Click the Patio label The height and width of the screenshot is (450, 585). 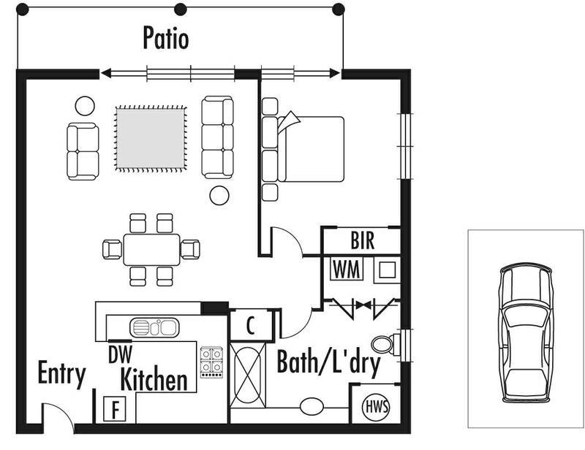point(165,39)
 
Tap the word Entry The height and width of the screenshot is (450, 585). point(61,374)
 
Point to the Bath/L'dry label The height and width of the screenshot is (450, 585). point(328,363)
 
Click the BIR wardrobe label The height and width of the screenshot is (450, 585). point(362,242)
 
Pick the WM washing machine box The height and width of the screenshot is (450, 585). point(347,269)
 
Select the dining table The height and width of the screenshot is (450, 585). point(151,249)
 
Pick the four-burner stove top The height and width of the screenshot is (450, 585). point(211,361)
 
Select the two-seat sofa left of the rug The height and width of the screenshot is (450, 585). point(83,150)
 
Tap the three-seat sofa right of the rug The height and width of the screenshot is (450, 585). point(217,137)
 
